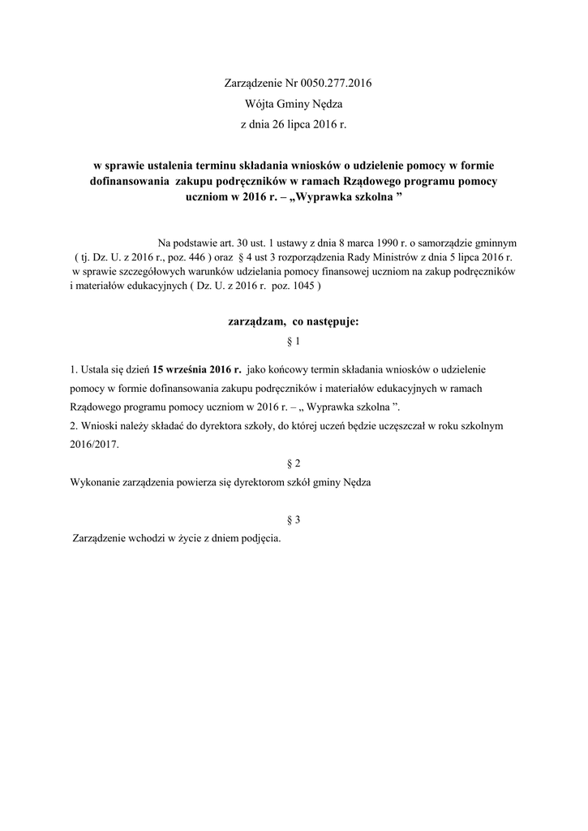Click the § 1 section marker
[x=294, y=342]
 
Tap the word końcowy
[x=281, y=368]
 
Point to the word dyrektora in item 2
[x=186, y=425]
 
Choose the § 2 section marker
[x=294, y=463]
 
